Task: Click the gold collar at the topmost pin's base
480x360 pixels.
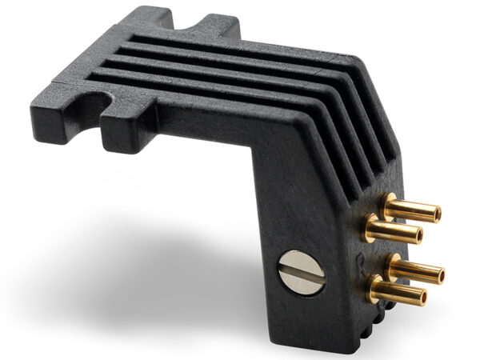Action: pos(389,203)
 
